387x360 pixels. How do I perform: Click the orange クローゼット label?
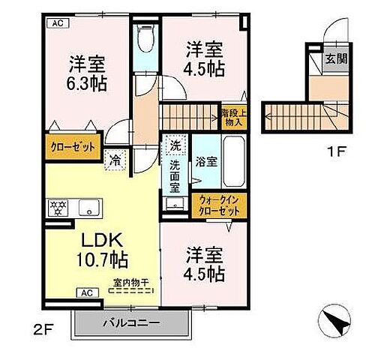point(73,146)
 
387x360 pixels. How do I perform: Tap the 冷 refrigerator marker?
point(115,159)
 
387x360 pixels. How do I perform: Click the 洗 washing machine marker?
point(174,145)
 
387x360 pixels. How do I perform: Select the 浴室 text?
point(205,160)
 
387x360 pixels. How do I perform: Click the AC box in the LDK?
point(85,293)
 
